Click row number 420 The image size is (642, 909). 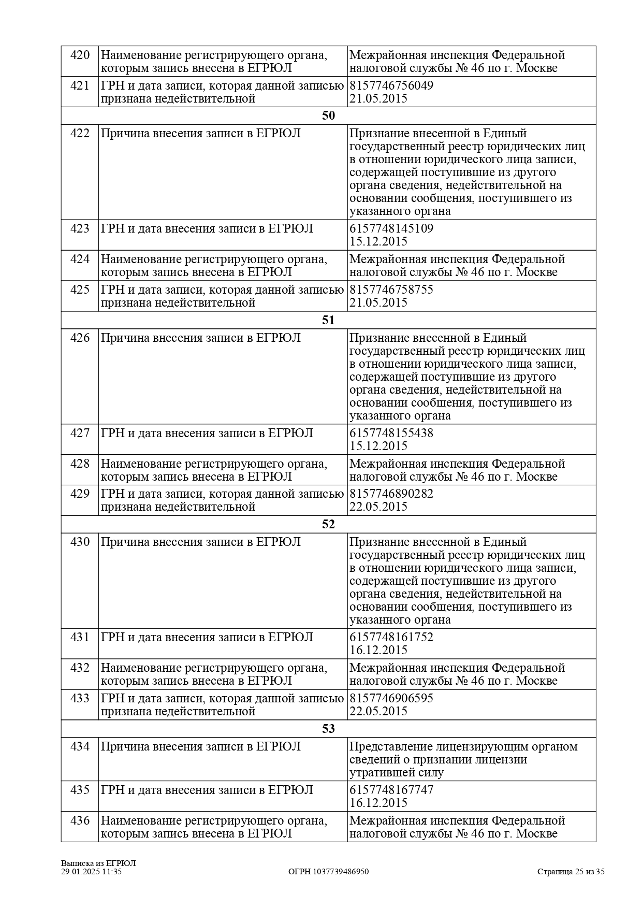click(80, 55)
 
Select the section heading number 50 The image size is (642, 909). click(328, 116)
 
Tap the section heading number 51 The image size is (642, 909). click(328, 320)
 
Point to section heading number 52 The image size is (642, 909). click(328, 524)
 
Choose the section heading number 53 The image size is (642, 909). click(328, 729)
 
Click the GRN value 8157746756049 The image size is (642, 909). click(391, 85)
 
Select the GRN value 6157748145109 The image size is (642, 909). click(391, 228)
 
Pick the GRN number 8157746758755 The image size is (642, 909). click(391, 290)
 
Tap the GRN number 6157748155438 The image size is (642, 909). click(391, 433)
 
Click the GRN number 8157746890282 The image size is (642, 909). click(391, 494)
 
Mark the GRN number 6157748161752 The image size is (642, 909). click(391, 637)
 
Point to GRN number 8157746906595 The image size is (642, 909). click(391, 698)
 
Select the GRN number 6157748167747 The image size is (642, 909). click(391, 790)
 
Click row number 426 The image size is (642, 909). click(80, 338)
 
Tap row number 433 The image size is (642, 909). click(80, 698)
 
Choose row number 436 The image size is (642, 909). click(80, 820)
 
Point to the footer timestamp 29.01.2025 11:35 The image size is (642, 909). click(91, 872)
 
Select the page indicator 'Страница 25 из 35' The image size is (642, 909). click(571, 872)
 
